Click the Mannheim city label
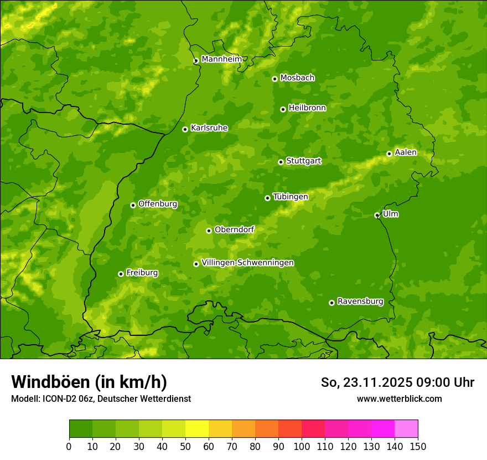pos(221,59)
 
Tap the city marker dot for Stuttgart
pos(281,162)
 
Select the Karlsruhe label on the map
pos(209,128)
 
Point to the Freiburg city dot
pos(121,274)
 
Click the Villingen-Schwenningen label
pos(247,263)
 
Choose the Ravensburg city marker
pos(331,303)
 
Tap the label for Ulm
pos(390,214)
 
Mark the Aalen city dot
pos(389,154)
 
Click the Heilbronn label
pos(307,108)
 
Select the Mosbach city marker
pos(274,79)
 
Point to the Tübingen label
pos(290,197)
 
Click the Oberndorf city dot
pos(209,231)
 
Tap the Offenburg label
pos(157,204)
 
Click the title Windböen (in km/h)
pos(89,382)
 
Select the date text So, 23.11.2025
pos(359,382)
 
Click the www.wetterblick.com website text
pos(399,398)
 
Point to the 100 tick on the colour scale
pos(302,446)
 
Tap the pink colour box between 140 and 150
pos(406,429)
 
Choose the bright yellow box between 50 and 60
pos(197,429)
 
